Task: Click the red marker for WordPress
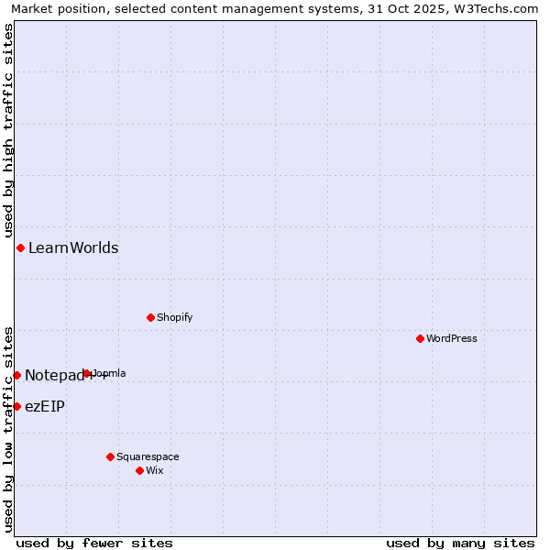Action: pyautogui.click(x=420, y=338)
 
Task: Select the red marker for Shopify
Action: pyautogui.click(x=150, y=317)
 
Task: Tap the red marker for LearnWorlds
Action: pyautogui.click(x=20, y=247)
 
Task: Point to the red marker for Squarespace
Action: pyautogui.click(x=110, y=456)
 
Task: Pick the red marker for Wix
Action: pyautogui.click(x=139, y=470)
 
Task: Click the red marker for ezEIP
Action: pyautogui.click(x=16, y=406)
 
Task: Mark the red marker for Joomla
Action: pyautogui.click(x=87, y=373)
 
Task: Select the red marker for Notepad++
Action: pyautogui.click(x=16, y=375)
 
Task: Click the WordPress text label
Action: pyautogui.click(x=452, y=338)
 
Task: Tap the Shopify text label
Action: pyautogui.click(x=174, y=317)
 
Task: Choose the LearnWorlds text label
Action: pyautogui.click(x=73, y=247)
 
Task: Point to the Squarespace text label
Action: pyautogui.click(x=148, y=456)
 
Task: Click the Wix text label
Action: pyautogui.click(x=155, y=470)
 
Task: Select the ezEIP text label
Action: pyautogui.click(x=45, y=406)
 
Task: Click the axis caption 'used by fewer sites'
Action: pyautogui.click(x=94, y=543)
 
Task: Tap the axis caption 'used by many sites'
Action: pyautogui.click(x=460, y=543)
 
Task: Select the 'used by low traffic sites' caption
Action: pyautogui.click(x=8, y=428)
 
